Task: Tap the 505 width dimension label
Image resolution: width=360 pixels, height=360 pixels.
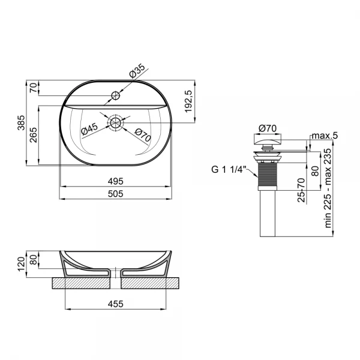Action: click(x=115, y=193)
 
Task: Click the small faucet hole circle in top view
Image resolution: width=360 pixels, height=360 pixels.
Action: click(x=116, y=95)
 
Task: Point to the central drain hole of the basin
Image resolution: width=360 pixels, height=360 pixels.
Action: click(x=115, y=122)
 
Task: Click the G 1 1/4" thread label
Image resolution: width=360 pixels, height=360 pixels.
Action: click(x=228, y=170)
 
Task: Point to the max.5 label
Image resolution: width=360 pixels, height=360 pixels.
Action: click(x=325, y=136)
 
